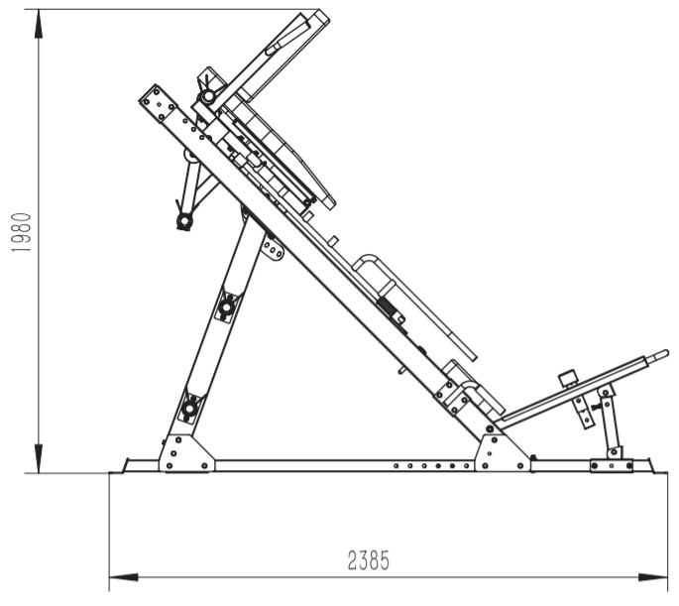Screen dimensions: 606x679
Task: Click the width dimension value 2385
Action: pyautogui.click(x=368, y=561)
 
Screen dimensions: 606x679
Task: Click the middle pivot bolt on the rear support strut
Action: pyautogui.click(x=227, y=307)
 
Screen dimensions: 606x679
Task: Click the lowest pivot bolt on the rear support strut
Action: pyautogui.click(x=188, y=407)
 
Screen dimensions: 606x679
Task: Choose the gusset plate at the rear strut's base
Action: pyautogui.click(x=185, y=453)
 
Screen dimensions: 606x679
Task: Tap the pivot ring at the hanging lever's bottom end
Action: pyautogui.click(x=183, y=221)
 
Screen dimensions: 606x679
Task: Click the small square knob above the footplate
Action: pyautogui.click(x=568, y=378)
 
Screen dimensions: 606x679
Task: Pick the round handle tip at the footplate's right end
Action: pyautogui.click(x=660, y=353)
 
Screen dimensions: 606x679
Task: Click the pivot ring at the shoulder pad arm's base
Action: pyautogui.click(x=208, y=97)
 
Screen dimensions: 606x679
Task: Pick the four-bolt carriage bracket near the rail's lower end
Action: pyautogui.click(x=458, y=397)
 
